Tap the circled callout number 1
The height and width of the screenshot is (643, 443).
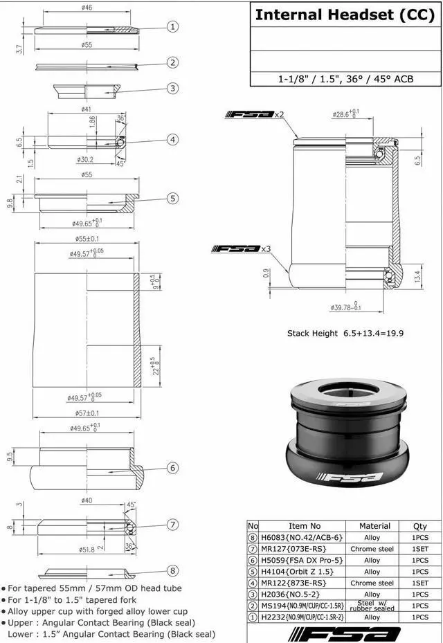(x=172, y=27)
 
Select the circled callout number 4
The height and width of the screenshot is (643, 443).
(x=172, y=140)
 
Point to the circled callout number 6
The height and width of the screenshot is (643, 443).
(x=172, y=469)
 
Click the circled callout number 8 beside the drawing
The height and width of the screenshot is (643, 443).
(x=172, y=571)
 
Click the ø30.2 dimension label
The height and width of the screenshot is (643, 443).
(x=87, y=159)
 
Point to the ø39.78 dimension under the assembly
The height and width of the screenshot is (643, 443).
(x=344, y=307)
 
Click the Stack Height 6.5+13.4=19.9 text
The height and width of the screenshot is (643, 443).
(x=345, y=333)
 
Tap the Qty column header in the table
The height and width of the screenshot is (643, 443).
(x=419, y=526)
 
